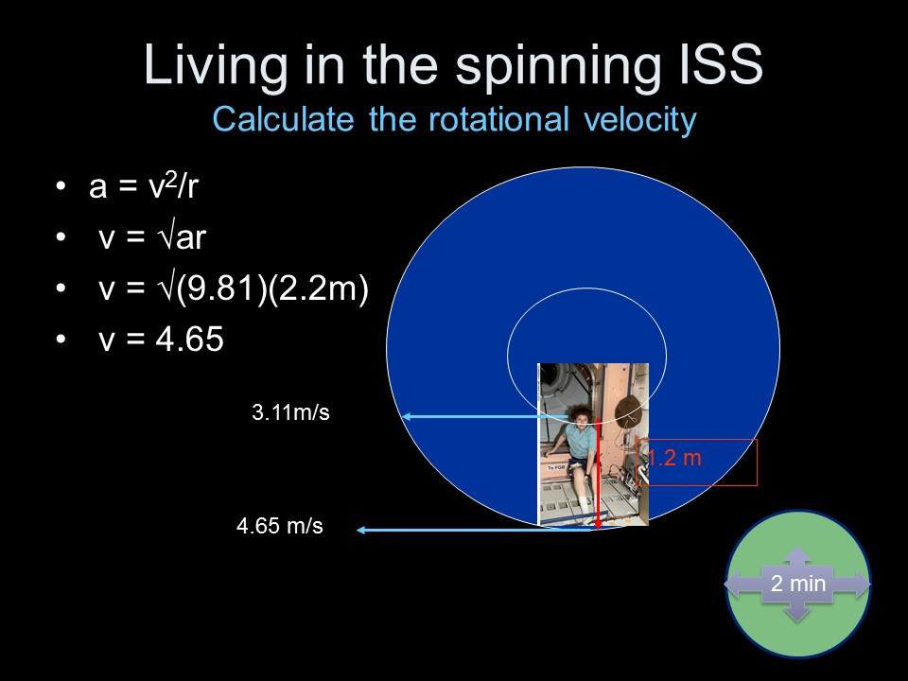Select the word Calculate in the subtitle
(x=283, y=119)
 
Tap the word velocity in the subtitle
(x=640, y=120)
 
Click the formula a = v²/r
(x=144, y=186)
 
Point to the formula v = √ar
(x=152, y=236)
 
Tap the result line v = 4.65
(x=161, y=339)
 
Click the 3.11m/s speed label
(x=290, y=413)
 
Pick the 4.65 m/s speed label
(x=280, y=526)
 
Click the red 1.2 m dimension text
(x=673, y=458)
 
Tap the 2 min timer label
(x=798, y=584)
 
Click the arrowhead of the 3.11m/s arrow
(x=406, y=416)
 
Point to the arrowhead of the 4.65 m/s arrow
(x=360, y=530)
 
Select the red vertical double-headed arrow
(x=598, y=476)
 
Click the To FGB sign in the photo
(x=556, y=467)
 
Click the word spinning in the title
(x=558, y=66)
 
